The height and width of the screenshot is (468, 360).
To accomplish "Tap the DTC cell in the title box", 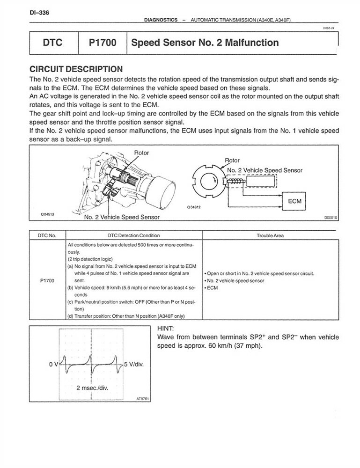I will (53, 43).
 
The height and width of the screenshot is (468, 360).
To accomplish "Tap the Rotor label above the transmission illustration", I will (142, 153).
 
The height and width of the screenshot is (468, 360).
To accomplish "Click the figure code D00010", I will (331, 218).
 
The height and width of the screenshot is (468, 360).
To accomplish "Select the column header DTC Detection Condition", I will (133, 235).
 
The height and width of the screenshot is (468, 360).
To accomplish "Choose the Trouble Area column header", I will (270, 235).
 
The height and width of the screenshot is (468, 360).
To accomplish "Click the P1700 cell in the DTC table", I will (48, 280).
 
